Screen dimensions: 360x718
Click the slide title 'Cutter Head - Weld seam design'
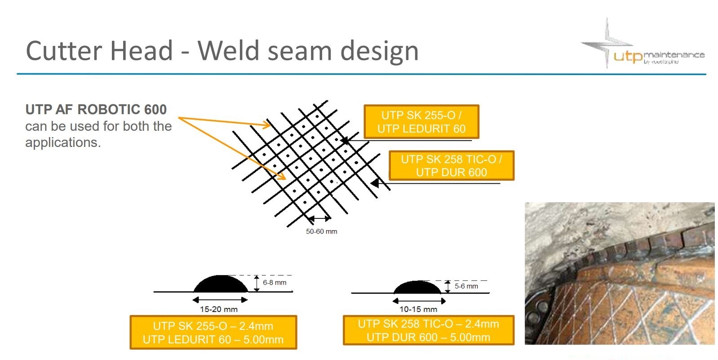click(222, 50)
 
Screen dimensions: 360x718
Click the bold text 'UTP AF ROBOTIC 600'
click(96, 110)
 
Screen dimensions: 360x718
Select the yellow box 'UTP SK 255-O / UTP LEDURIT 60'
click(421, 122)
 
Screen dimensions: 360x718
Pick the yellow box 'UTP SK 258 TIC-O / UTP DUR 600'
click(451, 165)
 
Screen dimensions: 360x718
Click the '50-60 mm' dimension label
click(321, 231)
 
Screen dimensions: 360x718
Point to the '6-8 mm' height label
click(275, 283)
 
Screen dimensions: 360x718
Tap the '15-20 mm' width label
click(219, 309)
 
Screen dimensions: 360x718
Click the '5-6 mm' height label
click(466, 286)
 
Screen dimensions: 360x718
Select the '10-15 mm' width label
click(418, 309)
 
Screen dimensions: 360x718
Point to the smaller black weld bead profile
click(418, 288)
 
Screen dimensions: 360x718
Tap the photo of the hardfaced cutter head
click(619, 273)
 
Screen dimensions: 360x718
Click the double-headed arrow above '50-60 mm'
click(319, 219)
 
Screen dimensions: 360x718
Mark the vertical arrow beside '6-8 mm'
click(256, 283)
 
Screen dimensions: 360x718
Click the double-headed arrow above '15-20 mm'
click(220, 300)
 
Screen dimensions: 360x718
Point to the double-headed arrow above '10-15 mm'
click(419, 301)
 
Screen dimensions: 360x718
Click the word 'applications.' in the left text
click(63, 143)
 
